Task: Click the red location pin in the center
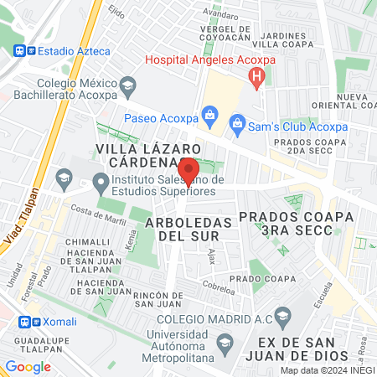pyautogui.click(x=188, y=171)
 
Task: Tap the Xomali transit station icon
pyautogui.click(x=28, y=321)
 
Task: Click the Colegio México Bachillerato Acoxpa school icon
pyautogui.click(x=127, y=84)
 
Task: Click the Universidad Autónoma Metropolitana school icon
pyautogui.click(x=224, y=342)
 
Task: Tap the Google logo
pyautogui.click(x=28, y=366)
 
